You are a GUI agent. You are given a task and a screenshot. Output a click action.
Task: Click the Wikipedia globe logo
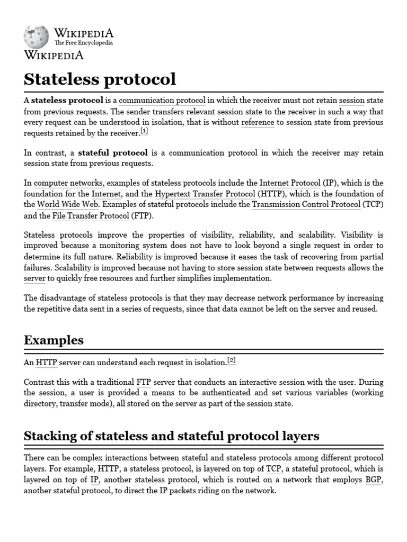36,37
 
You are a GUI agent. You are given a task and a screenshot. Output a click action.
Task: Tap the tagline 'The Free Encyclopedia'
84,43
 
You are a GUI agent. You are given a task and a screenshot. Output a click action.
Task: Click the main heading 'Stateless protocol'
100,79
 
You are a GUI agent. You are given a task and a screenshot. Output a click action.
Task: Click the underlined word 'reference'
258,122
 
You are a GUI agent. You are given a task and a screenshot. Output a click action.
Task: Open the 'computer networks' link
68,183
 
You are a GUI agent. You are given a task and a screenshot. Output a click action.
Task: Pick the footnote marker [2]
231,360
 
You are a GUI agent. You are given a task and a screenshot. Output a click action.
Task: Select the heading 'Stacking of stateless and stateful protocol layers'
172,436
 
